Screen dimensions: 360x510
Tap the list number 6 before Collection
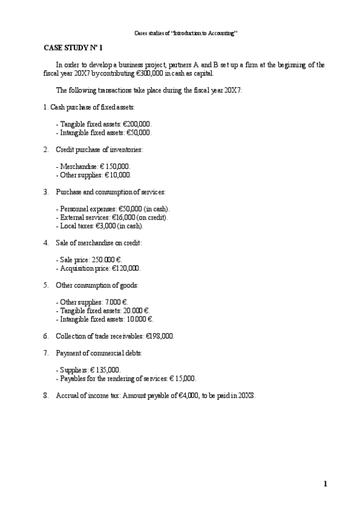(46, 336)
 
